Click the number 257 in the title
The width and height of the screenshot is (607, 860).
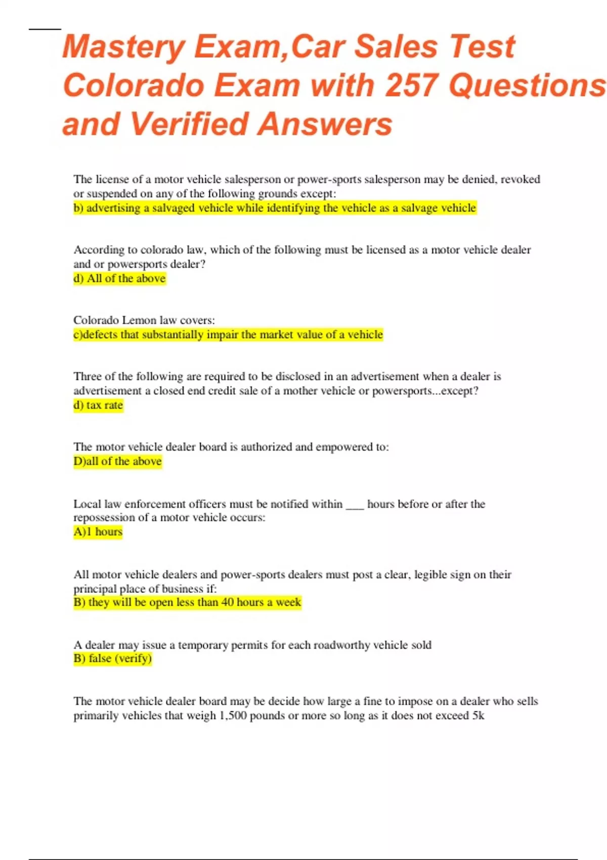[x=412, y=85]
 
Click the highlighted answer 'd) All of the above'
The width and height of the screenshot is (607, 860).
[x=119, y=279]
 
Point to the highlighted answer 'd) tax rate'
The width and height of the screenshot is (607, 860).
[x=98, y=405]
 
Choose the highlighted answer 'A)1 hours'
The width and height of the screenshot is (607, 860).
[x=98, y=532]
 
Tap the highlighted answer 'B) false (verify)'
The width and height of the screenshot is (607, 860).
[x=112, y=658]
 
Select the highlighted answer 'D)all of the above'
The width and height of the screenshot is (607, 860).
[x=117, y=461]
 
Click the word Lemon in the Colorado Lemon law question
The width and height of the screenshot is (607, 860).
[x=140, y=320]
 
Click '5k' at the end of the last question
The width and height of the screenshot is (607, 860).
[x=479, y=716]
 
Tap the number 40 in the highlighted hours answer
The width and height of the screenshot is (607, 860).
[x=228, y=603]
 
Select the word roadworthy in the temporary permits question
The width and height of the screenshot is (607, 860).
[x=345, y=645]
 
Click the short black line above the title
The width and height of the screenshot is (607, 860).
[x=45, y=29]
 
